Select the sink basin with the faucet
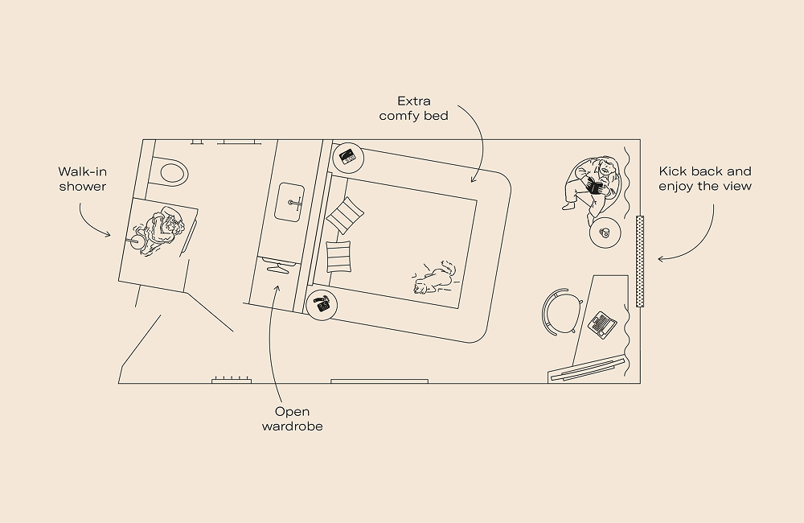(292, 201)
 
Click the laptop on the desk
(602, 323)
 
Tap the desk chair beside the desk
(559, 312)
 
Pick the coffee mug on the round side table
(604, 234)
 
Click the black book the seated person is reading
(596, 187)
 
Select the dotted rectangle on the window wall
(640, 261)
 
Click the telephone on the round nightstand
(323, 305)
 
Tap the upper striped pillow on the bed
(345, 214)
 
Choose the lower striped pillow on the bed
(339, 257)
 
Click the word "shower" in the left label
(83, 187)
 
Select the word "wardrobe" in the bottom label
(292, 426)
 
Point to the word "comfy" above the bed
(400, 116)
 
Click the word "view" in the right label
(736, 187)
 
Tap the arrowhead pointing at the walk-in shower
(109, 235)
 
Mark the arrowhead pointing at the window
(661, 259)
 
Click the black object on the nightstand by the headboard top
(348, 157)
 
